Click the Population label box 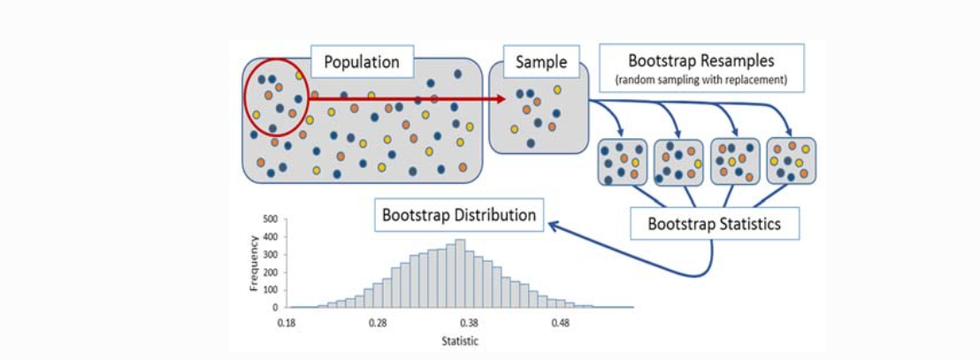coord(362,63)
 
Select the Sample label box coord(540,63)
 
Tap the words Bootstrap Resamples coord(701,61)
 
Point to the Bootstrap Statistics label coord(714,224)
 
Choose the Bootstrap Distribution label coord(459,215)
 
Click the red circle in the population coord(274,98)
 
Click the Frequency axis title coord(255,263)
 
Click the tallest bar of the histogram coord(461,274)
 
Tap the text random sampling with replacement coord(701,80)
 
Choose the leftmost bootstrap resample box coord(623,161)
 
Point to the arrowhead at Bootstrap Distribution coord(553,226)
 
